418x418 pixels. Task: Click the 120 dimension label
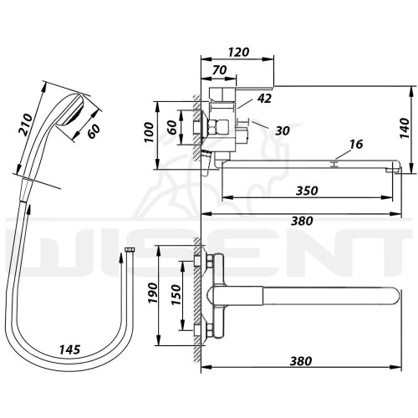pyautogui.click(x=238, y=52)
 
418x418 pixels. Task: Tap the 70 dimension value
pyautogui.click(x=220, y=70)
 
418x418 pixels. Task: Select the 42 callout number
pyautogui.click(x=264, y=98)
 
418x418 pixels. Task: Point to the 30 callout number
pyautogui.click(x=283, y=130)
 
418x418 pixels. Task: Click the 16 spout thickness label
pyautogui.click(x=356, y=145)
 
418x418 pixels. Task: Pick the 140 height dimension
pyautogui.click(x=405, y=128)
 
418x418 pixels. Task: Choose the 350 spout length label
pyautogui.click(x=307, y=191)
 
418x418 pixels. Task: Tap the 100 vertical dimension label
pyautogui.click(x=149, y=132)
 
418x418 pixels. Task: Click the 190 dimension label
pyautogui.click(x=153, y=293)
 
